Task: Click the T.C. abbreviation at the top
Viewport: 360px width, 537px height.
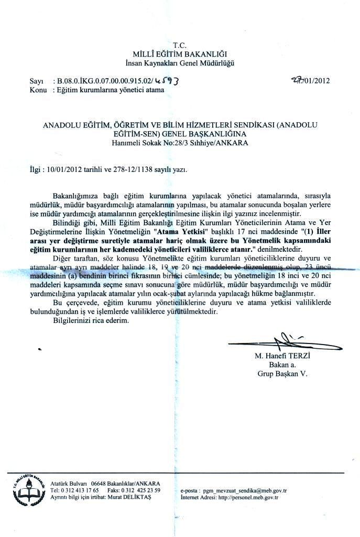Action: click(x=180, y=45)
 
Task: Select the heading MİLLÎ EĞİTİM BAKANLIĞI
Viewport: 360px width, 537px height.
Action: click(x=180, y=54)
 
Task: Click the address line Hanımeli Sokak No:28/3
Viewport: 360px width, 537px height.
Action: click(x=180, y=142)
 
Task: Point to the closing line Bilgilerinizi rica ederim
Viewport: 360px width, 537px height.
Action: click(x=90, y=320)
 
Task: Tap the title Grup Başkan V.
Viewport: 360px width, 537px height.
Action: click(x=282, y=374)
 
